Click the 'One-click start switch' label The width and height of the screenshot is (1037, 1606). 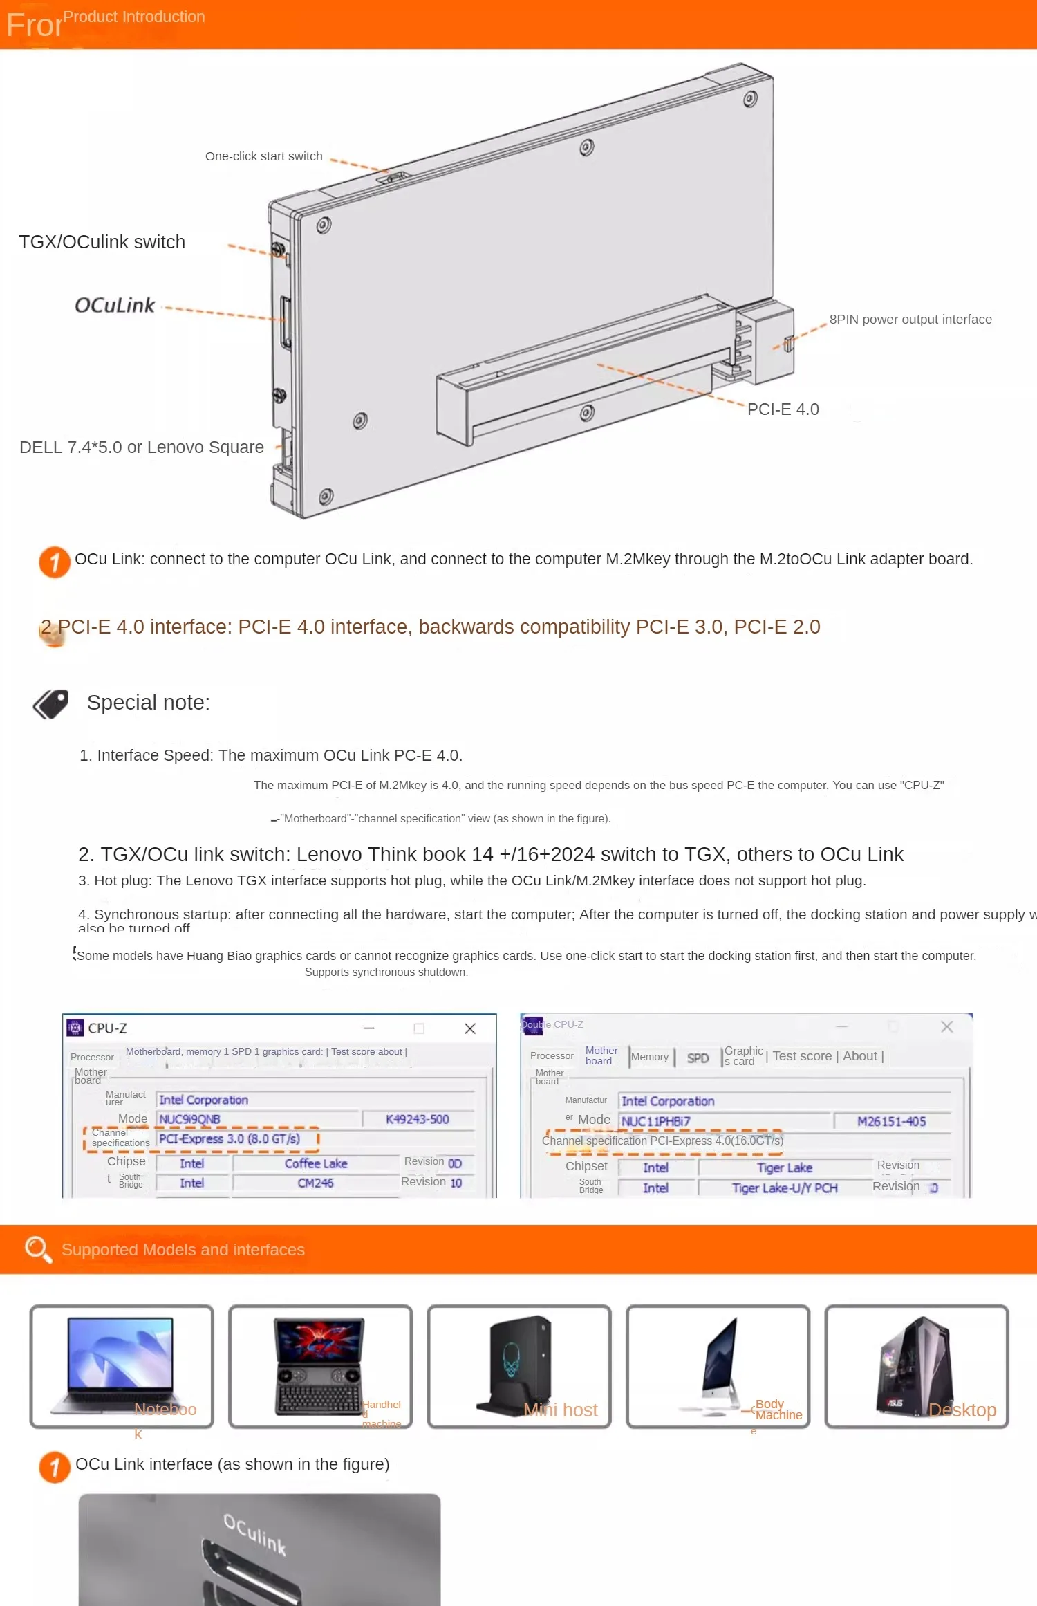[263, 156]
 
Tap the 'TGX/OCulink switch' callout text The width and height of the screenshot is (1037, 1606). [102, 242]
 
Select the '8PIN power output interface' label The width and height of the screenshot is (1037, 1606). [910, 320]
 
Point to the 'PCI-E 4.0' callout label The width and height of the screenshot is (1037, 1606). [783, 409]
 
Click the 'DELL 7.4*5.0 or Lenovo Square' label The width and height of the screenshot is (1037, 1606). [141, 447]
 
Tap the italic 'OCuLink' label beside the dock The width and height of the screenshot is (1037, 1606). [115, 305]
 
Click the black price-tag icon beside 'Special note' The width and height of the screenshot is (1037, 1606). [51, 704]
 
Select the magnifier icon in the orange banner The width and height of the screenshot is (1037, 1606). [37, 1249]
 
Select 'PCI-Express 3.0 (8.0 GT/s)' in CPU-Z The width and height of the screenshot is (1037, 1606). [230, 1139]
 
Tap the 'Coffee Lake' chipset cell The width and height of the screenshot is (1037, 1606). [315, 1163]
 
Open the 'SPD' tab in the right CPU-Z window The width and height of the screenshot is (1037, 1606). [698, 1058]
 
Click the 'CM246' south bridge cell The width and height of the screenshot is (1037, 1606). [315, 1183]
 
